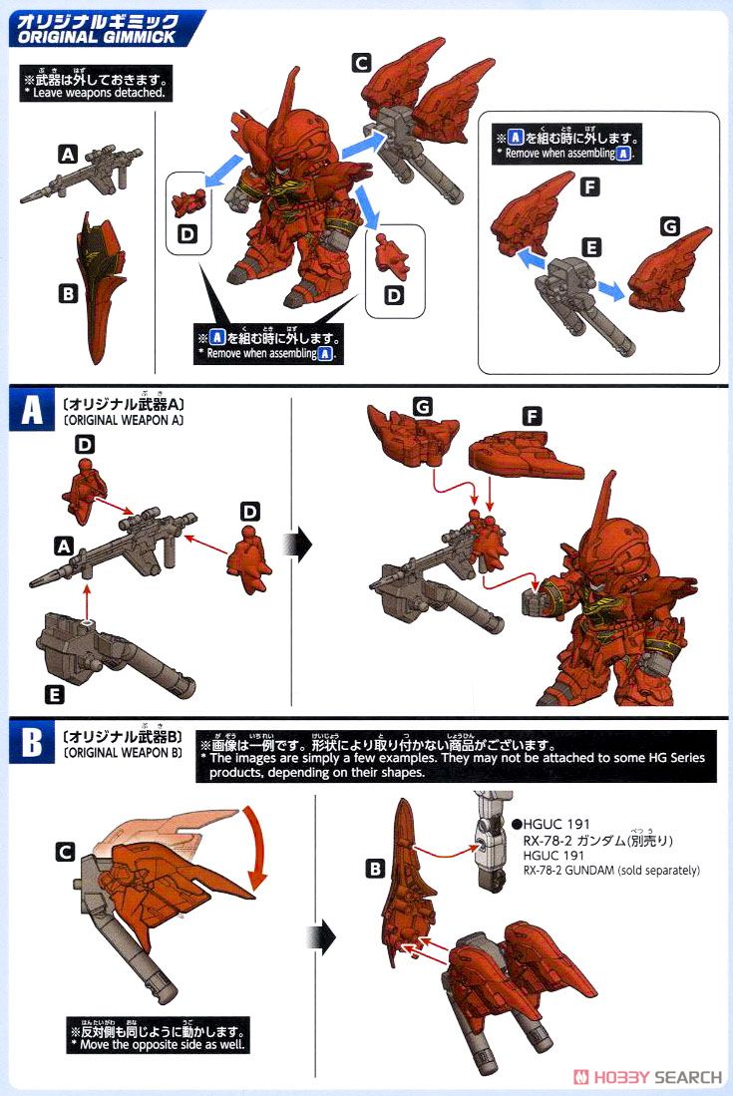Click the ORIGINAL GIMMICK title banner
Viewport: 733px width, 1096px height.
pos(105,29)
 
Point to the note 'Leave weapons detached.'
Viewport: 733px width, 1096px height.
pos(95,92)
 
